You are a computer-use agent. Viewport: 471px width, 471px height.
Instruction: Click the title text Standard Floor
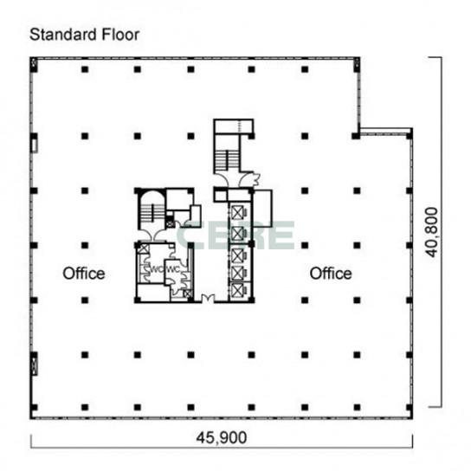pos(84,35)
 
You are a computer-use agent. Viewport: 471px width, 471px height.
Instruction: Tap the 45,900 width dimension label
pos(222,437)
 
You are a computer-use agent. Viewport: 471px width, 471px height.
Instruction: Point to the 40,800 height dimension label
pos(432,232)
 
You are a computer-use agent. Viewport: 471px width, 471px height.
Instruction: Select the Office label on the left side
pos(84,274)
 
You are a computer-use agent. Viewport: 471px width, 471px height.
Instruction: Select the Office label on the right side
pos(331,274)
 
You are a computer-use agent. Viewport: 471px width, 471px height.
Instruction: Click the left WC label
pos(157,269)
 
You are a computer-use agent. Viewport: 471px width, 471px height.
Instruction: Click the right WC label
pos(173,269)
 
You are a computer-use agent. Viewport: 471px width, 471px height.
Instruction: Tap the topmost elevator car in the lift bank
pos(237,213)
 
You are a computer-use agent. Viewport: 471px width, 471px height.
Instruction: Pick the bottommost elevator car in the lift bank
pos(237,289)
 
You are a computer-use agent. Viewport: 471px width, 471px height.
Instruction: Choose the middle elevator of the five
pos(237,255)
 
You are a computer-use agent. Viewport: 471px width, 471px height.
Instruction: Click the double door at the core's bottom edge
pos(208,299)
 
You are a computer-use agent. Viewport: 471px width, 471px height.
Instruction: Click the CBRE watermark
pos(235,235)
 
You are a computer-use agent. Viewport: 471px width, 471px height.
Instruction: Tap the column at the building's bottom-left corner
pos(34,408)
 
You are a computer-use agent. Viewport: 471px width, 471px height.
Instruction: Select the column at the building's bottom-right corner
pos(410,408)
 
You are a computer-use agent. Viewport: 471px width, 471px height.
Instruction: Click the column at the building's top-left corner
pos(34,66)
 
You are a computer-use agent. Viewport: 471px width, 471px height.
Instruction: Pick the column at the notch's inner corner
pos(356,136)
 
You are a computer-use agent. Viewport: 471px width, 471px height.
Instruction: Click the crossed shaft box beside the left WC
pos(144,248)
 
